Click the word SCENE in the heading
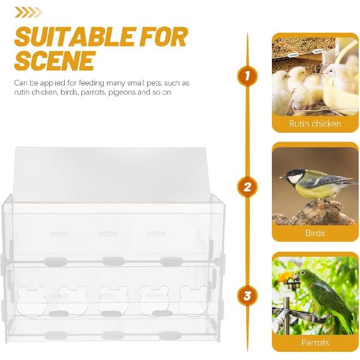55,61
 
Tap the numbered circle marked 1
247,77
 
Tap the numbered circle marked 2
247,187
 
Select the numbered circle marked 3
247,295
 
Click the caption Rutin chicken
315,123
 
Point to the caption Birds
315,233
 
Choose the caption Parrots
315,343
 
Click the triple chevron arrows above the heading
28,12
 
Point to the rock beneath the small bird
315,214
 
